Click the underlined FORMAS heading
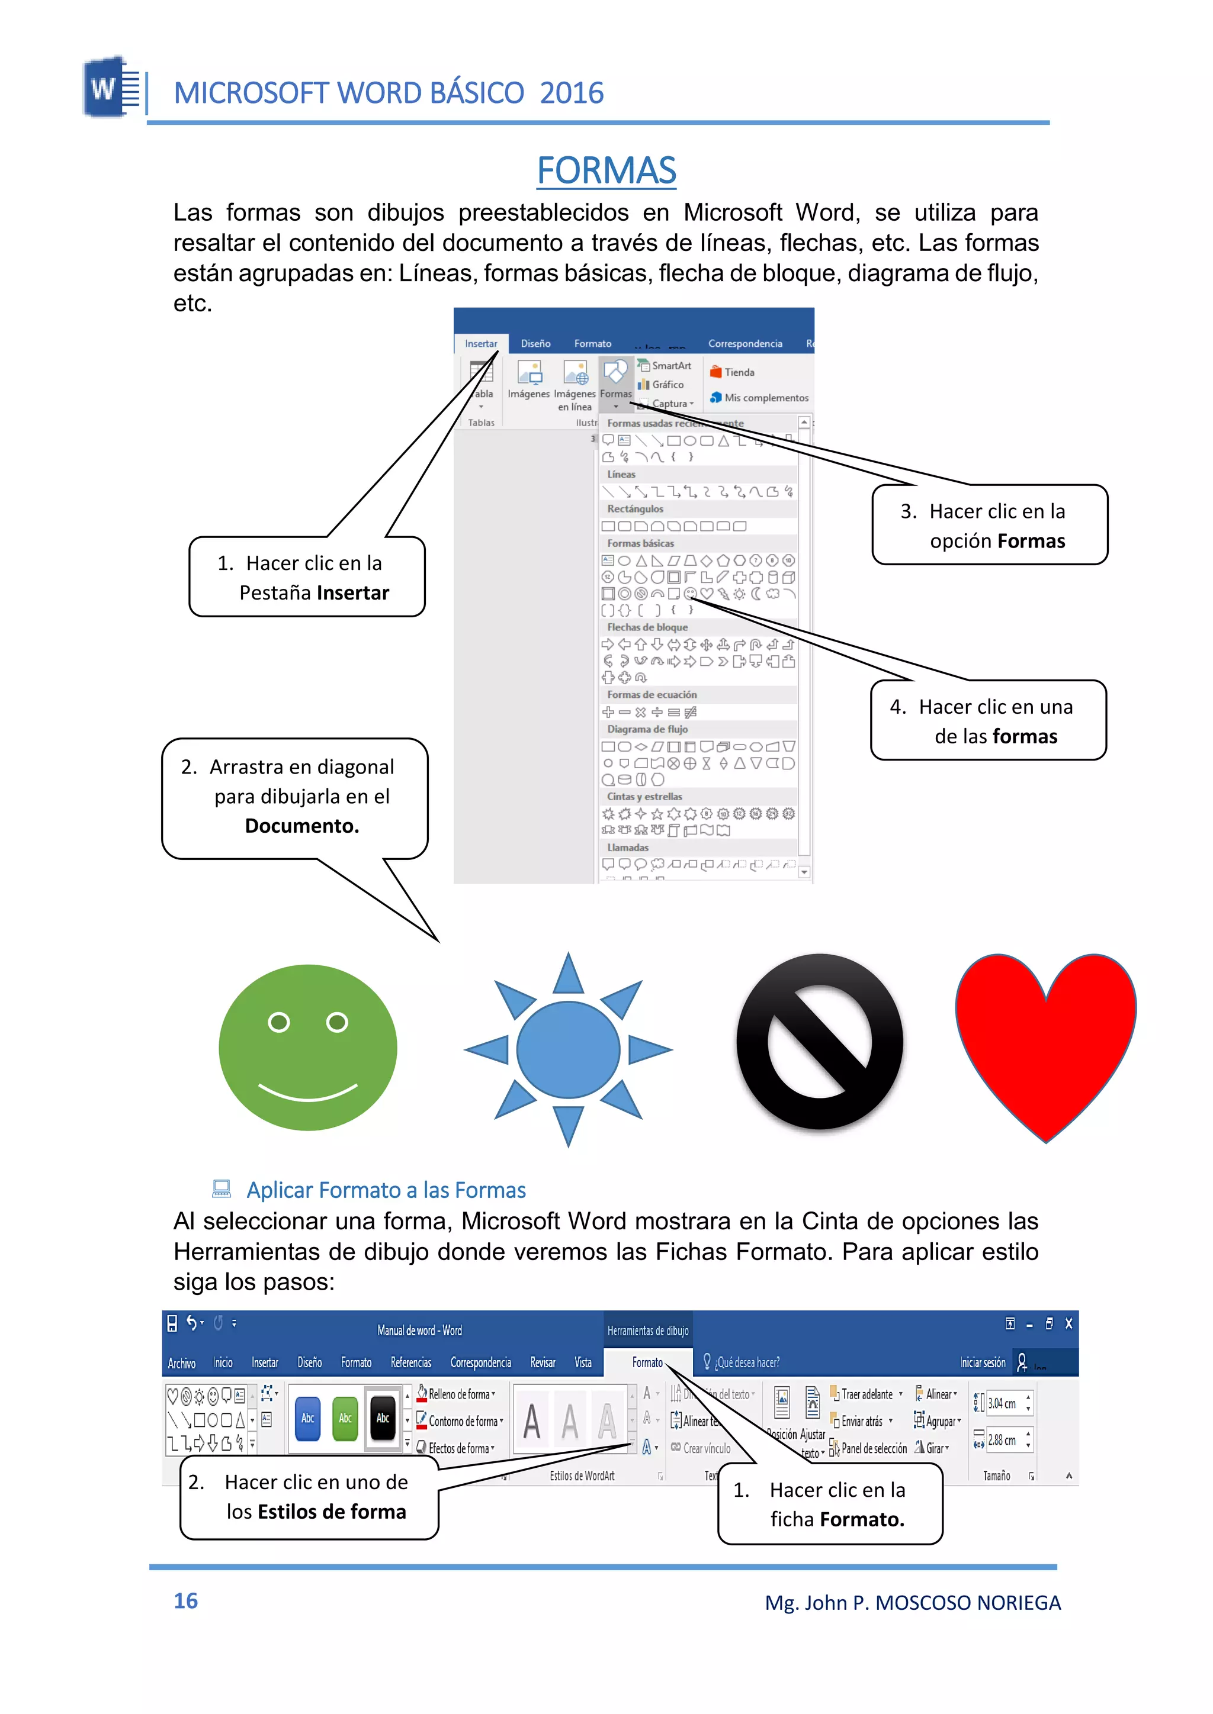click(606, 170)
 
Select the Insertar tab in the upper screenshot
click(480, 343)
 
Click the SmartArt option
click(670, 366)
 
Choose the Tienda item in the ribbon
click(739, 372)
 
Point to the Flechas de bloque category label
click(647, 627)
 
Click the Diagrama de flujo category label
click(647, 729)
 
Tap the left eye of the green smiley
click(278, 1022)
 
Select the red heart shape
click(1046, 1038)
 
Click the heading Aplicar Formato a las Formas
click(386, 1190)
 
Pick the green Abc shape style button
click(345, 1417)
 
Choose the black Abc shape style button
click(383, 1417)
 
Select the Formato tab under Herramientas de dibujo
click(647, 1362)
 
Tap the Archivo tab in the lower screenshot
click(181, 1363)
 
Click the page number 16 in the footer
click(185, 1600)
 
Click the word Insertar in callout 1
click(352, 592)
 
